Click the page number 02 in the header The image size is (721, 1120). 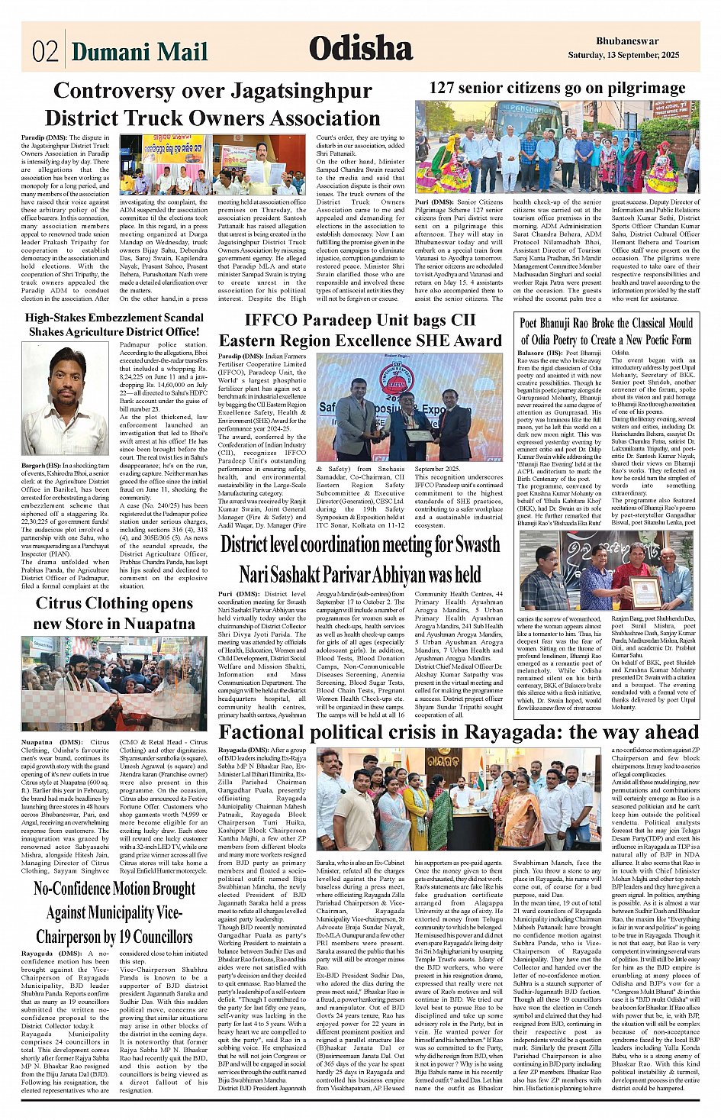(x=45, y=51)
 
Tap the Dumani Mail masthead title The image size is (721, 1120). (x=140, y=51)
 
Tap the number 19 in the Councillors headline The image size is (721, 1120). (x=129, y=937)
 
